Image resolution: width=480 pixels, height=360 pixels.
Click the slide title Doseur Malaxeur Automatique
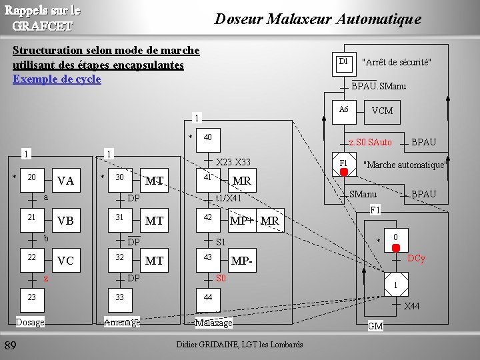tap(317, 19)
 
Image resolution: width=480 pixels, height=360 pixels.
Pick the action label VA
tap(65, 181)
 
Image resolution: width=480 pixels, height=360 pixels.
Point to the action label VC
tap(65, 261)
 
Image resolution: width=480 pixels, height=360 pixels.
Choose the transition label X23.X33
tap(234, 162)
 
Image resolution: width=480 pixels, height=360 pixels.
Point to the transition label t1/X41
tap(228, 198)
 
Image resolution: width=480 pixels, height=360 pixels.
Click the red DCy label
tap(416, 258)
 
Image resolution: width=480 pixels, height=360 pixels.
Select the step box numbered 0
tap(395, 238)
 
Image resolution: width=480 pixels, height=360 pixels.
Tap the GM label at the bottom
tap(375, 326)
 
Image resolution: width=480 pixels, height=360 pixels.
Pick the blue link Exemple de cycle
tap(57, 79)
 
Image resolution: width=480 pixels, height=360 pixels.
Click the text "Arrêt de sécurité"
tap(396, 63)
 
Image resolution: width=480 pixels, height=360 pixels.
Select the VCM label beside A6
tap(382, 111)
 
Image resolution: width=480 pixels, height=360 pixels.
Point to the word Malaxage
tap(213, 323)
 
